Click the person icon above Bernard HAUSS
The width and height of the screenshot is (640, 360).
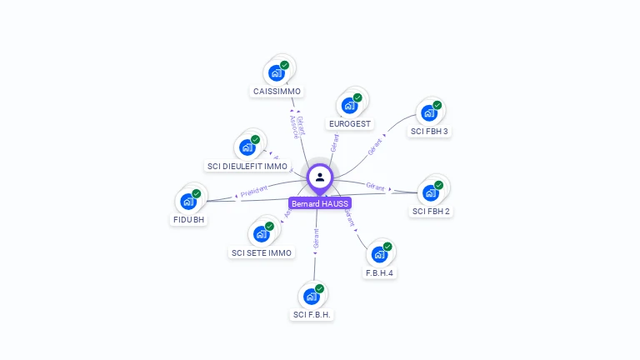(x=320, y=177)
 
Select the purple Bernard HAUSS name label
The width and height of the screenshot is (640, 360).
(x=320, y=203)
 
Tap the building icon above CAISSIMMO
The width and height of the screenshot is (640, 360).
(x=277, y=72)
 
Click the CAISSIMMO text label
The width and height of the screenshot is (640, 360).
(x=277, y=92)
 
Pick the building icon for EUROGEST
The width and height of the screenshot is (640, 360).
(x=350, y=106)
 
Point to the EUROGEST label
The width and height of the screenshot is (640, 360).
(x=350, y=124)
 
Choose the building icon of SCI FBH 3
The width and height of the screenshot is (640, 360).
(x=429, y=112)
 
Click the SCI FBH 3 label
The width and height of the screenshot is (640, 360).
(x=429, y=132)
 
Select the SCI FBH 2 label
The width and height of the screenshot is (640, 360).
(x=431, y=212)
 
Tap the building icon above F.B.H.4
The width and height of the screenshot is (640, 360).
(x=380, y=253)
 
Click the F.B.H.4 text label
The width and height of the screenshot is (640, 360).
(x=379, y=273)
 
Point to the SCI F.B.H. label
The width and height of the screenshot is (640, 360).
(x=312, y=315)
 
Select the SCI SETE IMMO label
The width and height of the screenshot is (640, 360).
(x=262, y=253)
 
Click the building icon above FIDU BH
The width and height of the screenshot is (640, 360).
(x=188, y=201)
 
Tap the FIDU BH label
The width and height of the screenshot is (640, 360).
(x=188, y=220)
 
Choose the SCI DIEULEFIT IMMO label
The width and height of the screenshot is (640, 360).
(x=247, y=167)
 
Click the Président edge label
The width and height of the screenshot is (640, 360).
(x=254, y=190)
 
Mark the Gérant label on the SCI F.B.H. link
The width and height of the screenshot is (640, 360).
(x=316, y=239)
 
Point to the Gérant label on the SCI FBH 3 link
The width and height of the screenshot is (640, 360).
(x=376, y=146)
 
